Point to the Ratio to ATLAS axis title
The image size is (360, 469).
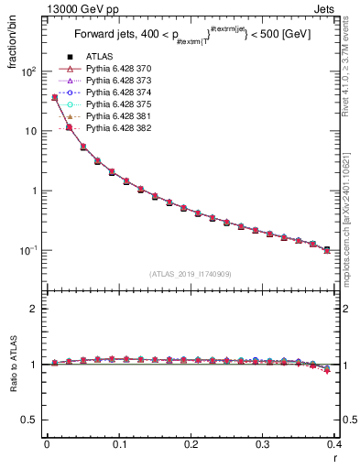point(12,364)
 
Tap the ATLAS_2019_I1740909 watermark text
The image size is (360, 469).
point(191,274)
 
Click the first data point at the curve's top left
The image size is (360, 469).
point(55,97)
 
